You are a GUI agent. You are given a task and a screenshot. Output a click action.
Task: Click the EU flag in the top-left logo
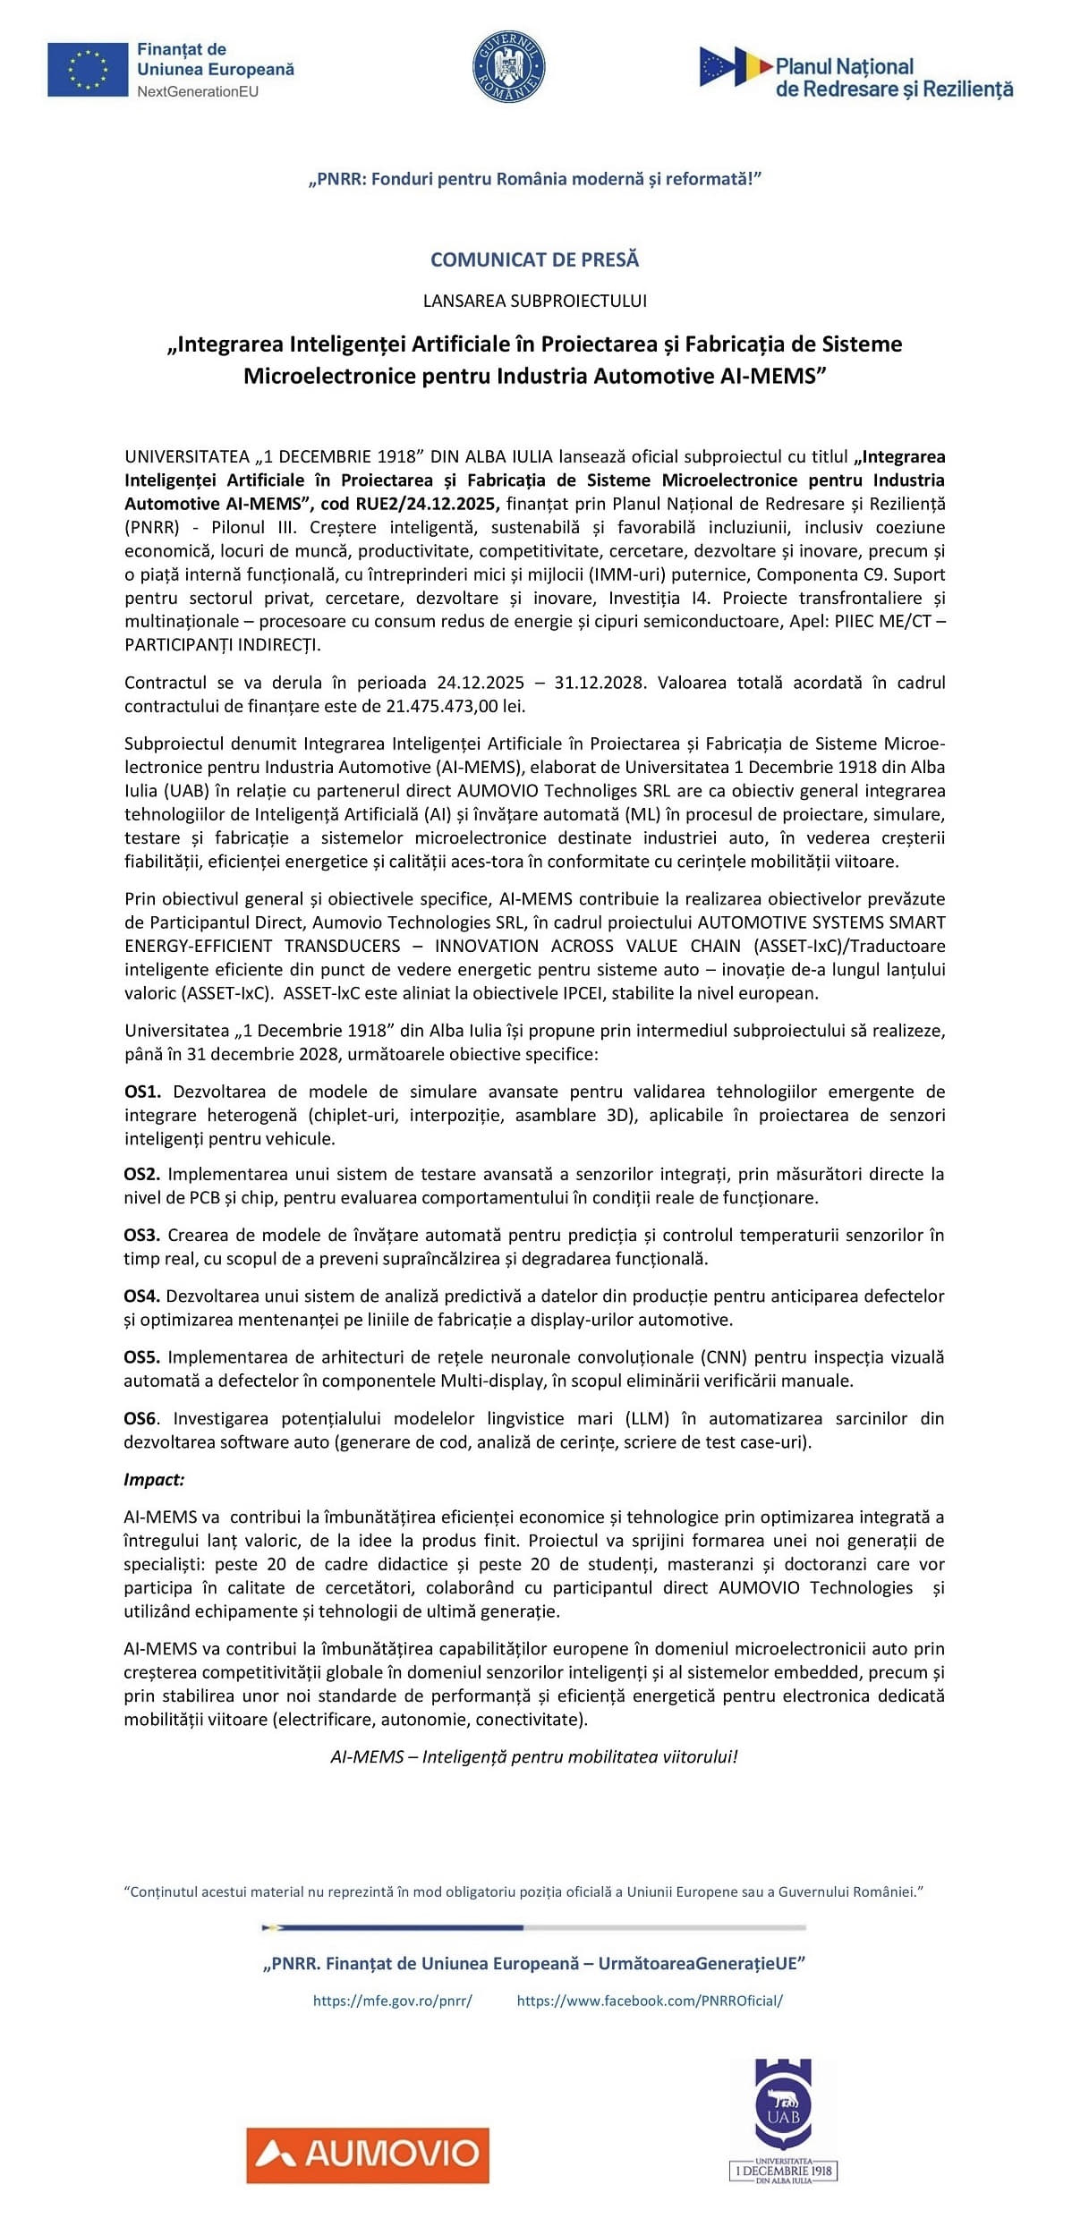88,69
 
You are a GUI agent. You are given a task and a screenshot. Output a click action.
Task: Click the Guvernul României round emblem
508,66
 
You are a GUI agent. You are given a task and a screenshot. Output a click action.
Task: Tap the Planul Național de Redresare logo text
893,78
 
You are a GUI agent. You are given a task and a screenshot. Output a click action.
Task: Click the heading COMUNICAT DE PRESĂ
535,259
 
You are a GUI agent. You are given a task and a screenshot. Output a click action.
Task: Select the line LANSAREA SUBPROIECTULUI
535,301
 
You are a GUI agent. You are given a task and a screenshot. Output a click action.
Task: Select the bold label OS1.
142,1092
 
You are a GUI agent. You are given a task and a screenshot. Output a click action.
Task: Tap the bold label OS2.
141,1174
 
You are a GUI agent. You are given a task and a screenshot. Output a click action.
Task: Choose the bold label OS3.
141,1235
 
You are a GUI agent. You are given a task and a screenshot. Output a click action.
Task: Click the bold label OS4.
141,1296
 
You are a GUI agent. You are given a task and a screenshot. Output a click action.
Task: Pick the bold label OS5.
141,1356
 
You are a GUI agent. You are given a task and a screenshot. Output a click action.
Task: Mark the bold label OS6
141,1418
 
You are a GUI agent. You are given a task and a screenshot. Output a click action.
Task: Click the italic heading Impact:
154,1479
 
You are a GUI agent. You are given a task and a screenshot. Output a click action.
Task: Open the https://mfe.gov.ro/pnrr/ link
392,2001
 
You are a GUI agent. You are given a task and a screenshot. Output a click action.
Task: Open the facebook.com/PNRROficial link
650,2001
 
